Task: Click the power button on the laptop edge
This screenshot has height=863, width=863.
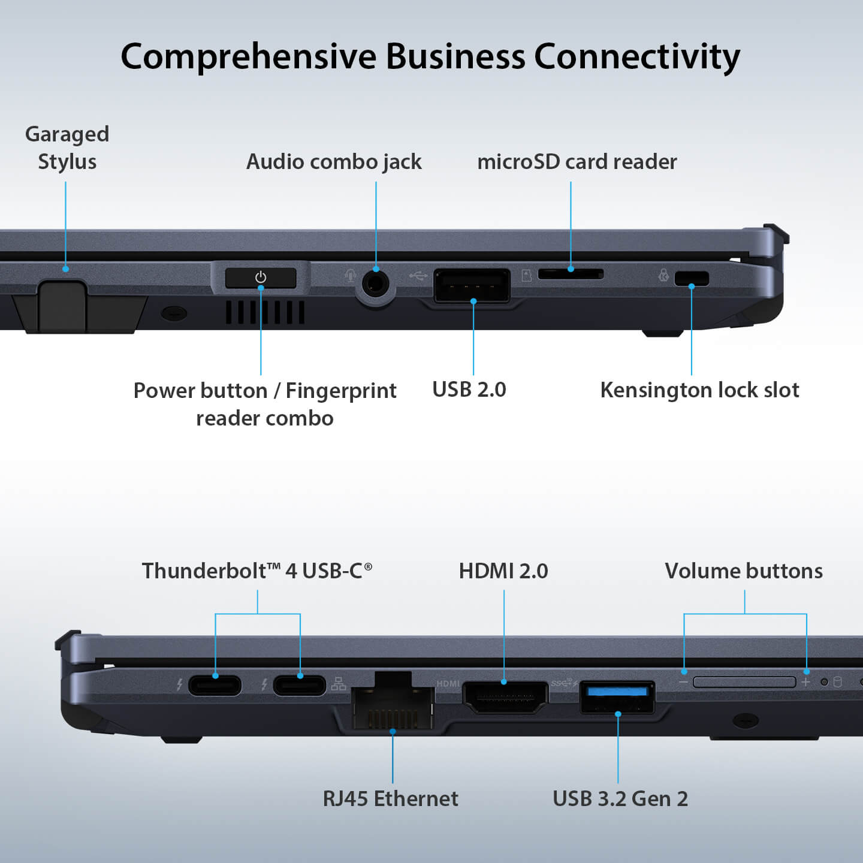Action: click(x=261, y=277)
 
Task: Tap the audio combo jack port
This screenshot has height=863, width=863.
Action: click(x=376, y=283)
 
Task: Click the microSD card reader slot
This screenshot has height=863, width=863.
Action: click(x=571, y=274)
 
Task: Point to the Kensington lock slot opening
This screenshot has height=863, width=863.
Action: click(x=692, y=278)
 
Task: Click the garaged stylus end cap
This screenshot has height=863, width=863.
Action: click(x=62, y=305)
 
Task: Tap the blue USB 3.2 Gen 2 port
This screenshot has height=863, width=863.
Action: click(x=617, y=696)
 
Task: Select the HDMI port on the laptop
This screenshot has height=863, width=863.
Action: click(x=505, y=697)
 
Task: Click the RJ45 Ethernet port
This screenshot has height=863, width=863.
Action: click(x=393, y=707)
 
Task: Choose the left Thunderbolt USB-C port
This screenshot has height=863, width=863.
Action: click(x=215, y=684)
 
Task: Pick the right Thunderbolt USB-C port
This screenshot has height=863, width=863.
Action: click(x=300, y=684)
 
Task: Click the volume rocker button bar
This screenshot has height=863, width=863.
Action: click(x=744, y=682)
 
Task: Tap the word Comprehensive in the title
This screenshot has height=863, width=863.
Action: click(x=248, y=57)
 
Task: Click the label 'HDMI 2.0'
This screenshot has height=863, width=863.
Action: click(x=503, y=571)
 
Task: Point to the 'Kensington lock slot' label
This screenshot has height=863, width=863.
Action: click(x=699, y=390)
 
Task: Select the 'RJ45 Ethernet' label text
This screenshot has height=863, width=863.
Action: click(x=390, y=798)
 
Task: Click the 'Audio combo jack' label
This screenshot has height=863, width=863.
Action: click(x=334, y=162)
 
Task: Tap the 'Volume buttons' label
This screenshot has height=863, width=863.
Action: click(x=744, y=571)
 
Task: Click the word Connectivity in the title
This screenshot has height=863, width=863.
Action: click(x=636, y=57)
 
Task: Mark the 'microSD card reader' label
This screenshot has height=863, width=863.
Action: click(x=577, y=162)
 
